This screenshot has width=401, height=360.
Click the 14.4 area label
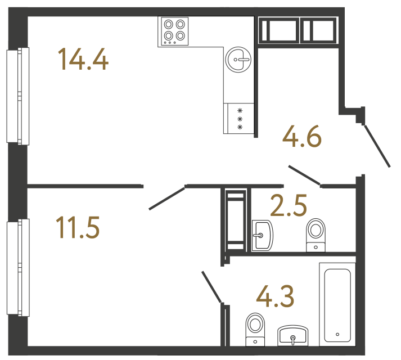coord(83,59)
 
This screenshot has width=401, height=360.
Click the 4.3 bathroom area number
coord(275,296)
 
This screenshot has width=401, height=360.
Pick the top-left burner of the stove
coord(168,24)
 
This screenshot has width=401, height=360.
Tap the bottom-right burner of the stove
coord(180,36)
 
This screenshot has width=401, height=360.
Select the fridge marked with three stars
coord(240,119)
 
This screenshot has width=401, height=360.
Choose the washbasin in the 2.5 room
coord(262,235)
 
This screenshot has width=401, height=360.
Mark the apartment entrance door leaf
coord(377,146)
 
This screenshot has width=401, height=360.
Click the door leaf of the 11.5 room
coord(167,197)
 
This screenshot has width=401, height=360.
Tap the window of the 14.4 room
coord(17,96)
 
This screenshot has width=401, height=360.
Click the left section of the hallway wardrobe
coord(278,31)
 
